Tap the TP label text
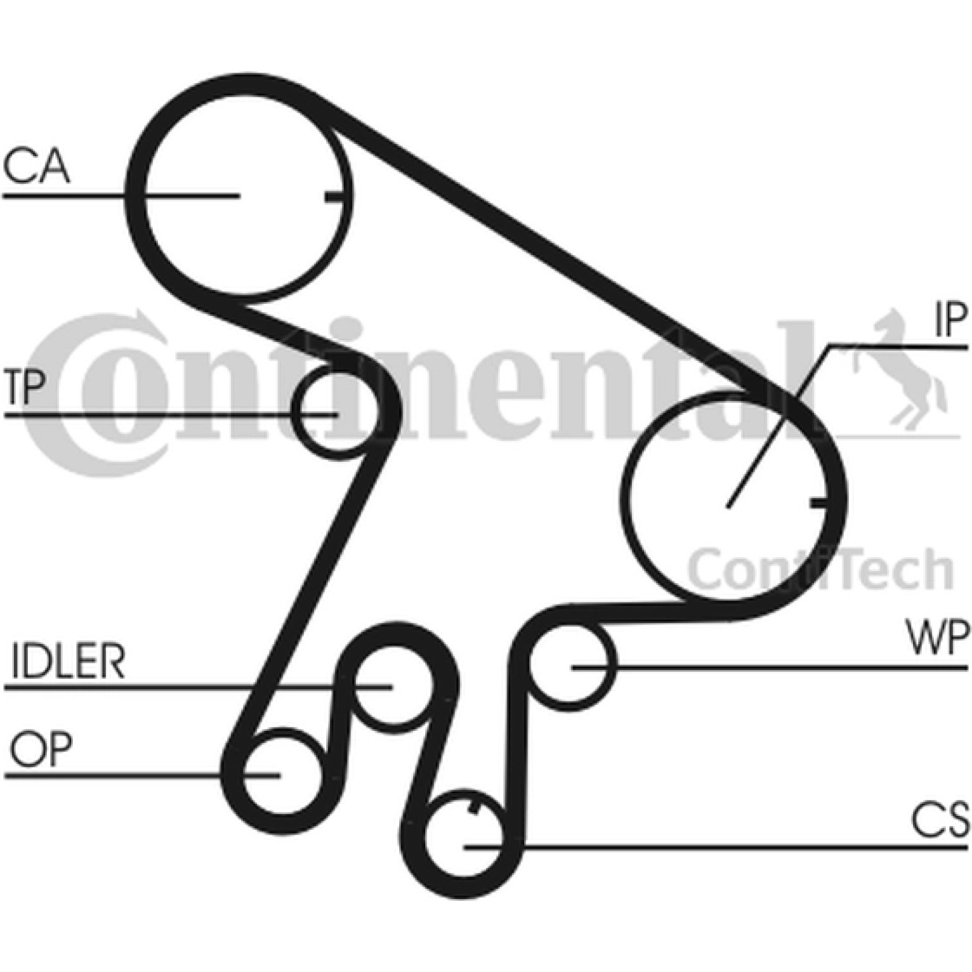click(24, 387)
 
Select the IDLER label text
click(68, 662)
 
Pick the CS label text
click(940, 820)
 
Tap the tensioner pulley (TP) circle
click(296, 414)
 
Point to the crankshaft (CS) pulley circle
click(425, 845)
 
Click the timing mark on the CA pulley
click(335, 197)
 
